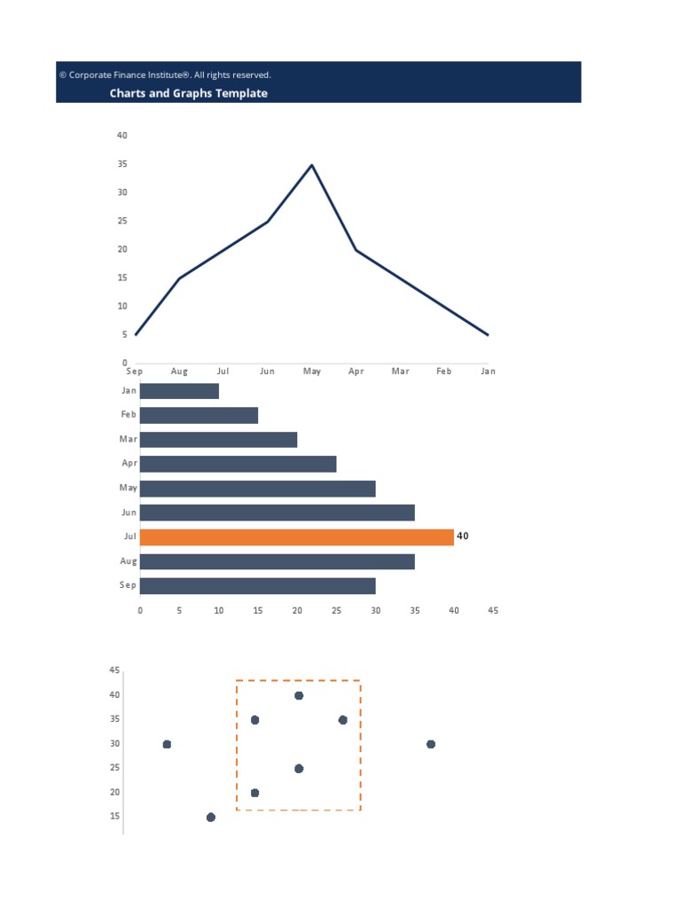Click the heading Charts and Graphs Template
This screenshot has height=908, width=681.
tap(188, 93)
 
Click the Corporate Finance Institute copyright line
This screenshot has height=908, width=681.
tap(165, 75)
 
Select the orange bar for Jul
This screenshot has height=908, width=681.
tap(296, 537)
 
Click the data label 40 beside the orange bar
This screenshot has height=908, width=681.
tap(463, 536)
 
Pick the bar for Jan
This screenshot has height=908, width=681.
tap(179, 391)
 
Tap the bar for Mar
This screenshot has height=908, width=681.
tap(218, 440)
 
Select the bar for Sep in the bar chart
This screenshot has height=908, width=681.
tap(257, 586)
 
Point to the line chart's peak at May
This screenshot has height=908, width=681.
tap(311, 165)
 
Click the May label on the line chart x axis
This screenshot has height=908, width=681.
tap(312, 372)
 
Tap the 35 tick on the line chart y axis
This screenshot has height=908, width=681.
tap(122, 164)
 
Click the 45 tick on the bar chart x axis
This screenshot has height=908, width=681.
tap(493, 610)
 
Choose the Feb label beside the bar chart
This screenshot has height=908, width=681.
tap(129, 414)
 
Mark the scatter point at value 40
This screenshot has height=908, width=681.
tap(299, 696)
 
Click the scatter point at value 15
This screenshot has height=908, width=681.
tap(211, 818)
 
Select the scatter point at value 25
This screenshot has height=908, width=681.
tap(299, 769)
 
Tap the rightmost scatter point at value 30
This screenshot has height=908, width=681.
tap(431, 744)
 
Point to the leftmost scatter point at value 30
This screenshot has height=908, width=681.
tap(167, 744)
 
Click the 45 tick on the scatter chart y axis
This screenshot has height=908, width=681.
tap(114, 670)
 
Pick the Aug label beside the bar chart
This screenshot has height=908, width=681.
tap(129, 561)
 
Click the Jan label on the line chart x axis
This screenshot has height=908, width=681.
tap(488, 372)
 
